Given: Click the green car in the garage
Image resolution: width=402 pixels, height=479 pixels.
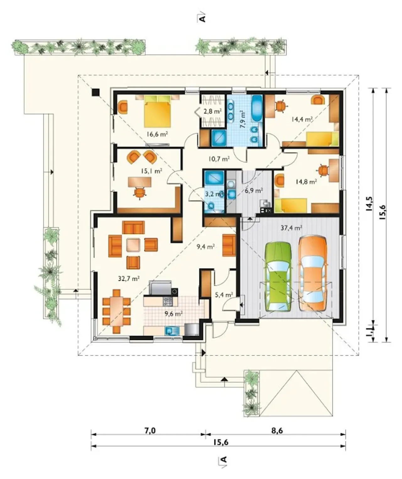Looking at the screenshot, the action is pos(278,277).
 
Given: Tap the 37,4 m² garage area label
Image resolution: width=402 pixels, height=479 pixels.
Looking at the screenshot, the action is pos(291,228).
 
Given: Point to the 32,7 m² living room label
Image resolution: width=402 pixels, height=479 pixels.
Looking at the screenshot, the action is pos(129,279).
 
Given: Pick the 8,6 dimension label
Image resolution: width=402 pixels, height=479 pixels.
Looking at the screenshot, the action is pos(277,431).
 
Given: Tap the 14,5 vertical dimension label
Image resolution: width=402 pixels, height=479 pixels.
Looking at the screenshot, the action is pos(369,203).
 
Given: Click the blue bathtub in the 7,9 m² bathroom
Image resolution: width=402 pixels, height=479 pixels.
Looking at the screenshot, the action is pos(257,109).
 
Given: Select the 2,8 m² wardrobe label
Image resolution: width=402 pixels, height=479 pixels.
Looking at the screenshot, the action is pos(213,112).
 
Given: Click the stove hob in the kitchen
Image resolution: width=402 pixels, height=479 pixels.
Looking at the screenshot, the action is pos(167,301).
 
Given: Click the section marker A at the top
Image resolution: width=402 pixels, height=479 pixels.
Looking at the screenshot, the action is pos(203,19).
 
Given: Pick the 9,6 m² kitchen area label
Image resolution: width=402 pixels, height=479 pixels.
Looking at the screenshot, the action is pos(174,313).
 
